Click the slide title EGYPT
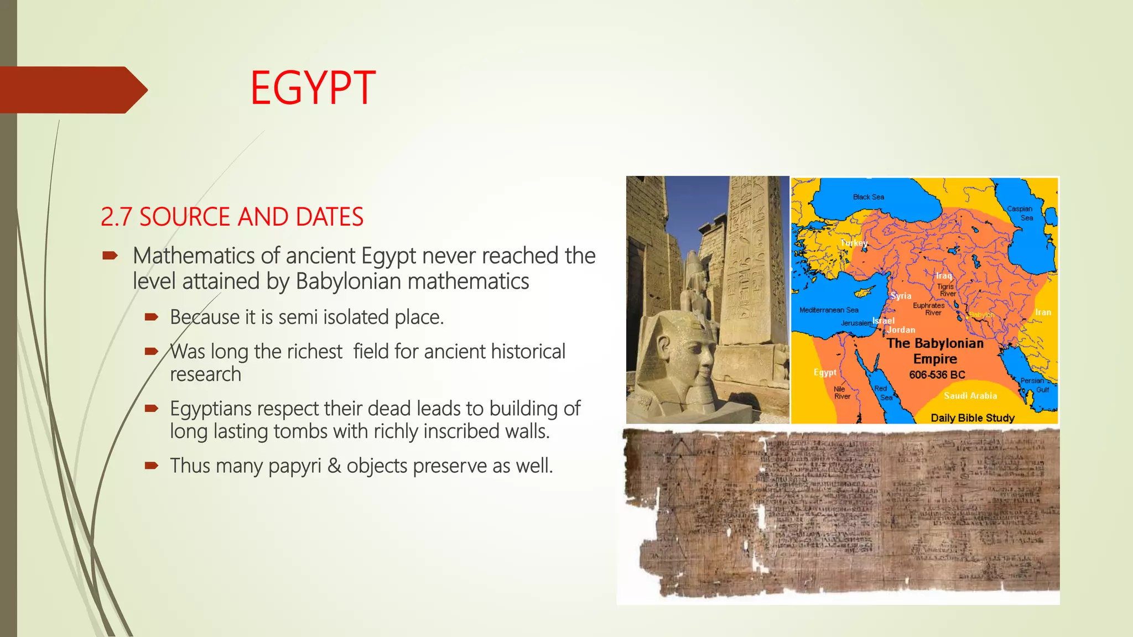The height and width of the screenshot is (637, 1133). click(x=313, y=88)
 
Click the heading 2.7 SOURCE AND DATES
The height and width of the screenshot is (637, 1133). click(x=232, y=217)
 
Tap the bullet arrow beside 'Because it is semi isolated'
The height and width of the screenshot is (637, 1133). click(x=152, y=317)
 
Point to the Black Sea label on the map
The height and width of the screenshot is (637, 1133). click(x=868, y=197)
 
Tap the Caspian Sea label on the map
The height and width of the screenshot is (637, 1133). click(x=1021, y=213)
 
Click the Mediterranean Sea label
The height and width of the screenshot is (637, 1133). click(x=829, y=310)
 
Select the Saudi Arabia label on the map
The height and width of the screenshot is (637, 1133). click(x=970, y=396)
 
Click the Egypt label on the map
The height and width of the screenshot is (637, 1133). click(x=825, y=372)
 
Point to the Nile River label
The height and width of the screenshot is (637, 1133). click(x=841, y=393)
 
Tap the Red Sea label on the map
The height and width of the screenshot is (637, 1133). click(x=882, y=393)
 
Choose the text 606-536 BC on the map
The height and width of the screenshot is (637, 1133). click(x=937, y=375)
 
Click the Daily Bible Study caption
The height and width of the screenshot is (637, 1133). click(x=972, y=418)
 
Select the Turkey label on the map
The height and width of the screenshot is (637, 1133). click(x=854, y=243)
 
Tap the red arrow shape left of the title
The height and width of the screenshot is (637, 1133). click(x=72, y=90)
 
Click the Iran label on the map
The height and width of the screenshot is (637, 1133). click(x=1043, y=312)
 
